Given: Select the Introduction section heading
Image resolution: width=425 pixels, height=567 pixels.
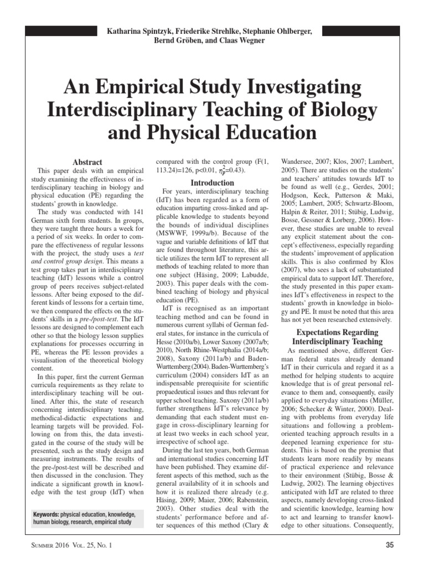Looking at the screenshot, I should pos(212,182).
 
